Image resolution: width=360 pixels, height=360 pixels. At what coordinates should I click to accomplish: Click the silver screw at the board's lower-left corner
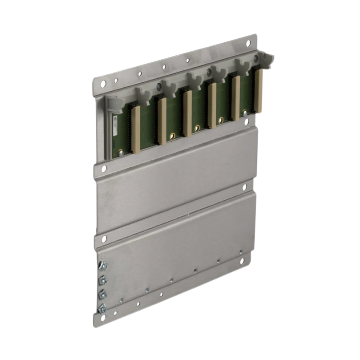click(121, 153)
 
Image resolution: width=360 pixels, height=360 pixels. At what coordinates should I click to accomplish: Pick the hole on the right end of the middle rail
click(245, 186)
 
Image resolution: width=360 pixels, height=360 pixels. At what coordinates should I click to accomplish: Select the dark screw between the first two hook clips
click(158, 85)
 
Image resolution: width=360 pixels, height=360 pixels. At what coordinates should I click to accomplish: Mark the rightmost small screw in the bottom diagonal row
click(241, 252)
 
